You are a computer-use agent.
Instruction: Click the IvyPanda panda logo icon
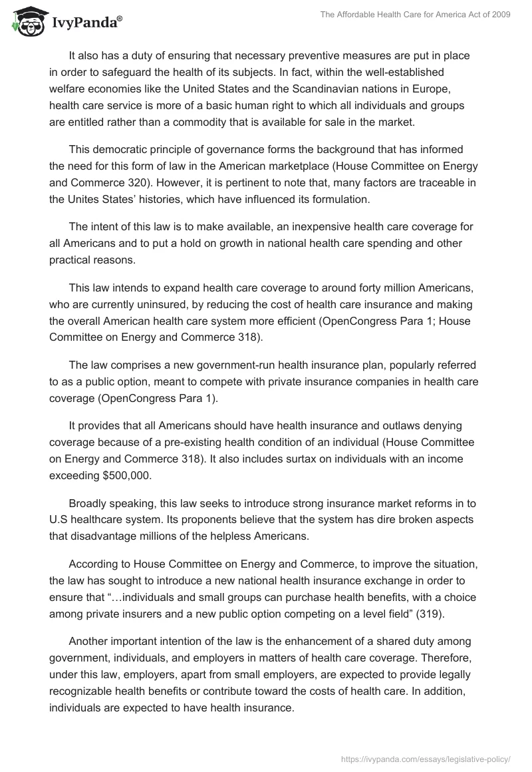[25, 22]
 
